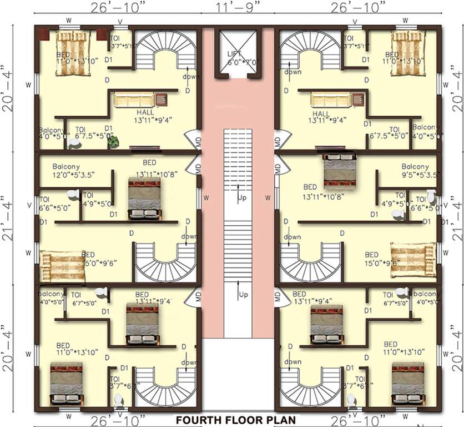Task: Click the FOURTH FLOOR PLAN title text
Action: [235, 420]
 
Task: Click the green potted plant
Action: [113, 142]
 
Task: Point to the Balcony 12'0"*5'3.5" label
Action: [74, 170]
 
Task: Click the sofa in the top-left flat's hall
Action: [134, 100]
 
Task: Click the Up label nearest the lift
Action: [242, 197]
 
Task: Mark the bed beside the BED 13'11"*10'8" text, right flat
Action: [339, 170]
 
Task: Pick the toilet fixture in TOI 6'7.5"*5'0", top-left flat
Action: [74, 142]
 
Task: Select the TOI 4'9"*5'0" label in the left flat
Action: [97, 199]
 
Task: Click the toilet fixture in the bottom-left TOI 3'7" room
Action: [118, 400]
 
